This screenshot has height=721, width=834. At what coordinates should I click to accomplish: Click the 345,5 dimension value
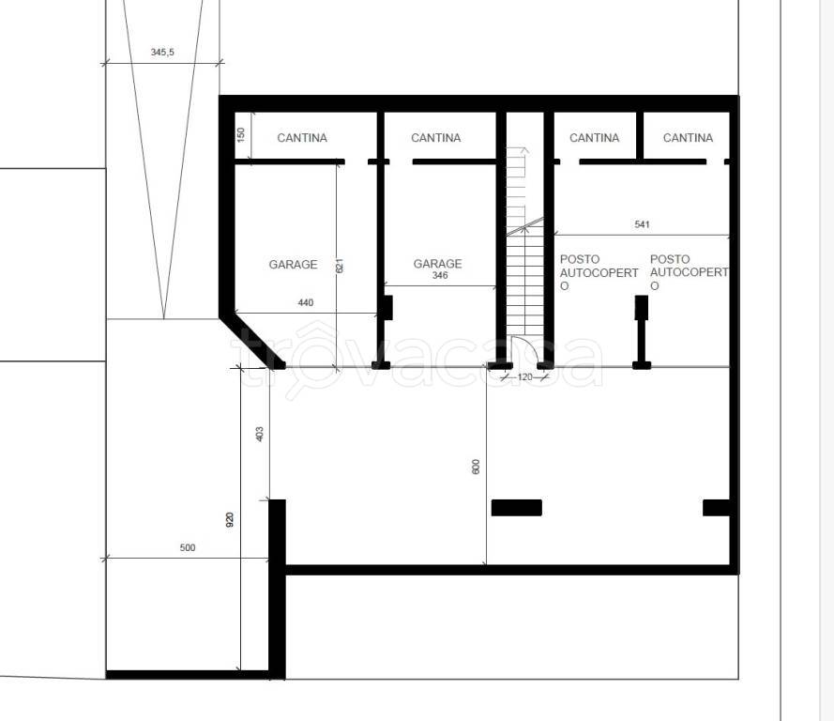tap(162, 53)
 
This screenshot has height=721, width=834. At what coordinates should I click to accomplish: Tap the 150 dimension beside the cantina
tap(241, 133)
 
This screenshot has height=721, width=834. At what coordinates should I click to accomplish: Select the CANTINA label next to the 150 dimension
tap(302, 138)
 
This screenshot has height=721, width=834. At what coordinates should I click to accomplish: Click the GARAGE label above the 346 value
tap(438, 264)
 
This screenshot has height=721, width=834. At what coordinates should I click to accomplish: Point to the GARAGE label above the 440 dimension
tap(293, 265)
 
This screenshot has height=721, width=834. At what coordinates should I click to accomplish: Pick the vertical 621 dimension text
tap(340, 266)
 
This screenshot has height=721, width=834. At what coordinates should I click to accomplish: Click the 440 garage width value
tap(305, 303)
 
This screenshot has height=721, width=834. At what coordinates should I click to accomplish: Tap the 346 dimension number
tap(440, 275)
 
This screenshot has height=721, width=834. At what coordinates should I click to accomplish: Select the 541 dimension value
tap(642, 224)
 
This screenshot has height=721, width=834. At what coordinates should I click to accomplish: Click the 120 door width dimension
tap(524, 376)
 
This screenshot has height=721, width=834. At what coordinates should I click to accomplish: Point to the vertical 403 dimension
tap(260, 434)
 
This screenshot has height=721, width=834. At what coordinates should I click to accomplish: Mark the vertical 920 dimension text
tap(230, 519)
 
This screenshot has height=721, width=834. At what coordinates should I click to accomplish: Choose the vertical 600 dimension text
tap(476, 467)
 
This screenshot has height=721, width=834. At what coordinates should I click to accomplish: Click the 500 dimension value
tap(188, 547)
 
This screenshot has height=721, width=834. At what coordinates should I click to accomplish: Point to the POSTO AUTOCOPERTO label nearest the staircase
tap(599, 272)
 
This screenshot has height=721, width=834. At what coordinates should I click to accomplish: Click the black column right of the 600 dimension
tap(517, 508)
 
